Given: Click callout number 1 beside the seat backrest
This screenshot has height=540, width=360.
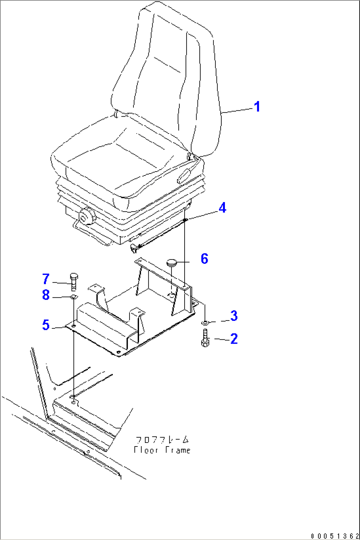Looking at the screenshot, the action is tap(257, 106).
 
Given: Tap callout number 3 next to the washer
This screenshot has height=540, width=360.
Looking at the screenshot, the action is tap(234, 316).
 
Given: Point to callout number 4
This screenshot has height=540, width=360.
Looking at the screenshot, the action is tap(222, 208).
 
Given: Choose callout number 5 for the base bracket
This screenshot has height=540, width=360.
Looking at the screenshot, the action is tap(46, 325).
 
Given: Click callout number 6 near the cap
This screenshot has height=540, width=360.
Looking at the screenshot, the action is tap(204, 259).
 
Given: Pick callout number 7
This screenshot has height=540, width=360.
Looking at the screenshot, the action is tap(46, 279).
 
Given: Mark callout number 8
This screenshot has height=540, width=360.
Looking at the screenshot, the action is tap(46, 295).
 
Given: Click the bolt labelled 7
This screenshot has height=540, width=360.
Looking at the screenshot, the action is tap(74, 282).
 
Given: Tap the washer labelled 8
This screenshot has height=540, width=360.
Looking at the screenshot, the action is tap(74, 296).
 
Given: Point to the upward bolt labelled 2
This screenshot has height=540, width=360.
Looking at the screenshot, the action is tap(205, 338).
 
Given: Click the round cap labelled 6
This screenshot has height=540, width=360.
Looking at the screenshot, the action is tap(171, 262).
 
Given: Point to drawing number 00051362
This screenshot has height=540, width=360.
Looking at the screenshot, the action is tap(335, 536).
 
